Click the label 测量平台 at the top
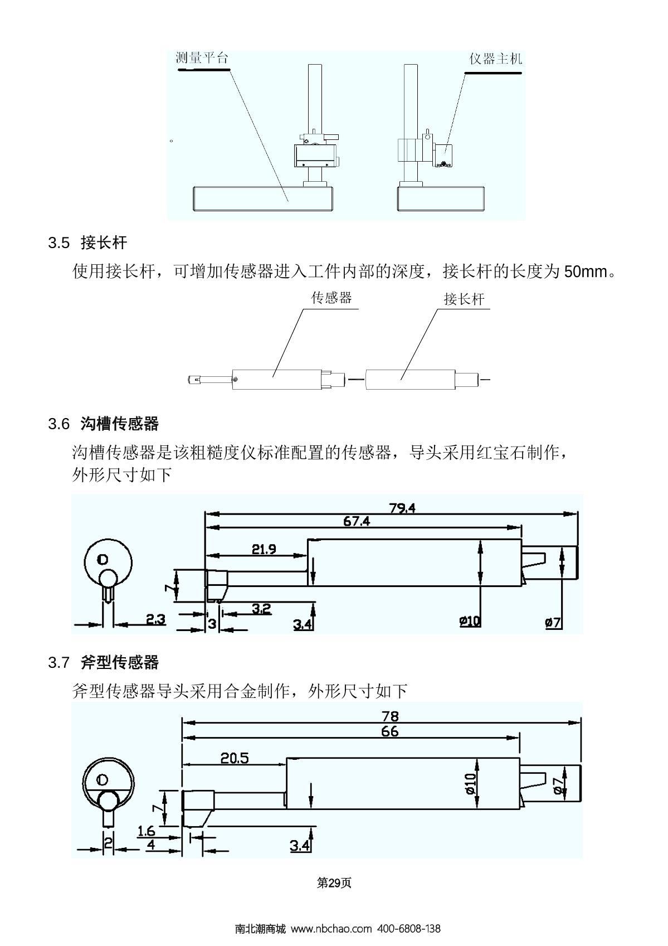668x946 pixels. pos(202,58)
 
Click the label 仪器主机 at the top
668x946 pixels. pos(495,59)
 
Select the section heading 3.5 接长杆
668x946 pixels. pos(87,242)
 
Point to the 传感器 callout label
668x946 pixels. pos(331,298)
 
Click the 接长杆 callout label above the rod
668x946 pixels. pos(464,299)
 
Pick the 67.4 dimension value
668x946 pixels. pos(357,521)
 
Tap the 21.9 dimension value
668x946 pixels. pos(264,549)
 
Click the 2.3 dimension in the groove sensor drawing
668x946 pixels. pos(155,619)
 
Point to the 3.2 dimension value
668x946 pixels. pos(261,608)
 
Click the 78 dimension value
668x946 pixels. pos(390,716)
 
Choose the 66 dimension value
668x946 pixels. pos(389,731)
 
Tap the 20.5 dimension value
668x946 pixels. pos(234,758)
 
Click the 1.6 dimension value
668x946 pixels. pos(146,831)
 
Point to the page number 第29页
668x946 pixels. pos(334,883)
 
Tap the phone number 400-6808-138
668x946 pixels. pos(409,929)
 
